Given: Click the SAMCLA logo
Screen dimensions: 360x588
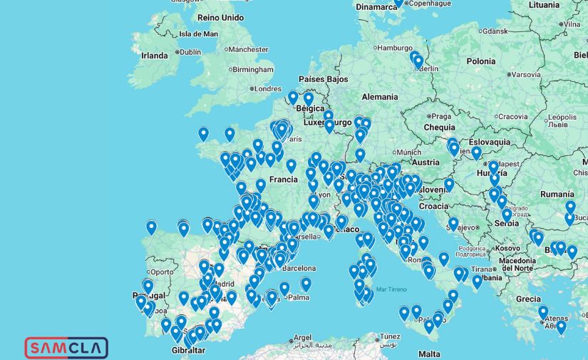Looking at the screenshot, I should [66, 347].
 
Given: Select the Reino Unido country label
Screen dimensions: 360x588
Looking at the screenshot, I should [220, 17].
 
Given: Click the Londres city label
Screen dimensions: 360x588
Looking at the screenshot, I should [268, 88].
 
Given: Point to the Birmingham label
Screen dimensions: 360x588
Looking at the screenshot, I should [252, 69].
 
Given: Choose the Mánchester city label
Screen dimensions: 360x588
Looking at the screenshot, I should [249, 49].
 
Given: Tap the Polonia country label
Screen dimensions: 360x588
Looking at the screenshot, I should [480, 61].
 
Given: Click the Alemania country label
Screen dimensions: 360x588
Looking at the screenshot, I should [380, 96].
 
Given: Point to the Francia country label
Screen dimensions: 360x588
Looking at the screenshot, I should [283, 180].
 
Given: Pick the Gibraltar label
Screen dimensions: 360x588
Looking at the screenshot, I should [189, 350].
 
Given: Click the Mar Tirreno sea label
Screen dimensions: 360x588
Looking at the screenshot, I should [390, 289].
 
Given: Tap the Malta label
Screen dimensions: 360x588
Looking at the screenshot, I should [429, 354].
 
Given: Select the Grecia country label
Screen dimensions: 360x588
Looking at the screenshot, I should [528, 299].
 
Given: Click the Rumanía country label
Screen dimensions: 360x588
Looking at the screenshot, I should [557, 193].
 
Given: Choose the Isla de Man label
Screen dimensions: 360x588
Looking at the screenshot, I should [198, 34].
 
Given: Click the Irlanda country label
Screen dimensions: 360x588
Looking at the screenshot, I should [155, 55].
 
